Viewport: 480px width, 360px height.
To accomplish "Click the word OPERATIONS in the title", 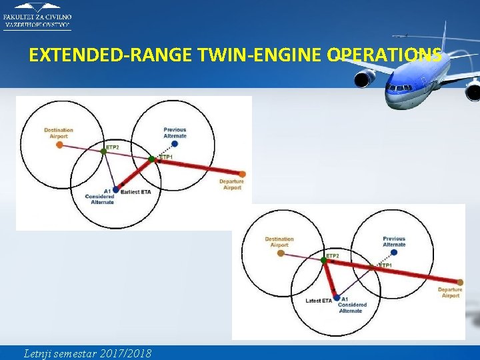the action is point(384,55).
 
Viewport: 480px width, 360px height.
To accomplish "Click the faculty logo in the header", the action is point(37,15).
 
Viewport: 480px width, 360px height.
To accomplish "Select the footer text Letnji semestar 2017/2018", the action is point(87,353).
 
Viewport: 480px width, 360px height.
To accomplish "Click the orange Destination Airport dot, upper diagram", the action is point(59,144).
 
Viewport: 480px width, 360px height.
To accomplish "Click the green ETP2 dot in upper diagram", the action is point(103,152).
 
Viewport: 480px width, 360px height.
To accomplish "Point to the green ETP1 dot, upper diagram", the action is point(152,159).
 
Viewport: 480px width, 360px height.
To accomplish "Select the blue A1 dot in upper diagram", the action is point(116,190).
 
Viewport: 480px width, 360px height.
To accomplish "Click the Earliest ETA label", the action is point(136,192).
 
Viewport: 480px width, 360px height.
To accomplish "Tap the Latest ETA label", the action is point(319,301).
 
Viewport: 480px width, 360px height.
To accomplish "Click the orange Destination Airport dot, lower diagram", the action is point(279,253).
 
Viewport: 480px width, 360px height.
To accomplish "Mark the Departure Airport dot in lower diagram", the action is point(460,283).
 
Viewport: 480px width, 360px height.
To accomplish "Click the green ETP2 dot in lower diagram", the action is point(325,261).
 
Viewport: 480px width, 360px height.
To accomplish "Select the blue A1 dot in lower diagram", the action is point(337,298).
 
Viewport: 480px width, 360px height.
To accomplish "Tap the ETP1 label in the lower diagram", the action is point(385,265).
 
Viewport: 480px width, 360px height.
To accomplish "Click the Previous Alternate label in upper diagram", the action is point(175,133).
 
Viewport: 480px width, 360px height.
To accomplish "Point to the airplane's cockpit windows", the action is point(399,88).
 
